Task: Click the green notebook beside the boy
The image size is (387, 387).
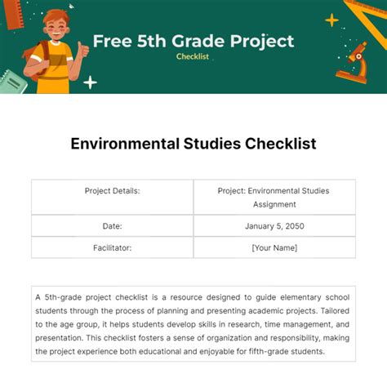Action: click(x=14, y=82)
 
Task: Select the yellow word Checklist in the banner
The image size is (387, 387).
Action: click(x=193, y=56)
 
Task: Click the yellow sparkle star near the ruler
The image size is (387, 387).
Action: click(x=332, y=20)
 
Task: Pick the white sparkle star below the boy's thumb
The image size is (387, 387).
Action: click(x=90, y=82)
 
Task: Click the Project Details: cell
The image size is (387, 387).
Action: click(x=113, y=191)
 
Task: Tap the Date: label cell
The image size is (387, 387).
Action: click(x=113, y=225)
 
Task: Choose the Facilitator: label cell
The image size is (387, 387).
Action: click(x=113, y=247)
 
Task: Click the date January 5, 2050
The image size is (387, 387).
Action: click(x=274, y=225)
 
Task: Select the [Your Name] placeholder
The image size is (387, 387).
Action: click(x=274, y=247)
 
